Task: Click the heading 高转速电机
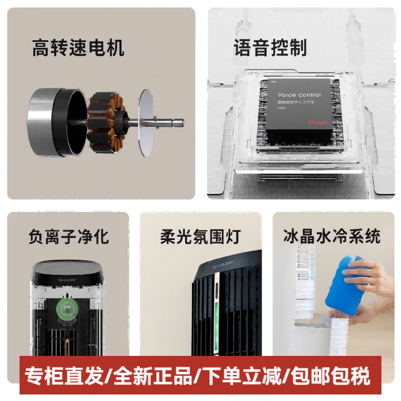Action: pyautogui.click(x=78, y=48)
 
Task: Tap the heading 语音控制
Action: pyautogui.click(x=270, y=48)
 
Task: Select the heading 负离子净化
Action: pyautogui.click(x=68, y=236)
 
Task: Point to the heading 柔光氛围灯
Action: pyautogui.click(x=200, y=236)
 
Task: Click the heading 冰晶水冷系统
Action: pyautogui.click(x=331, y=236)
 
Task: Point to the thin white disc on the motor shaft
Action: pyautogui.click(x=145, y=121)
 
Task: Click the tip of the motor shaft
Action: pyautogui.click(x=181, y=121)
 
